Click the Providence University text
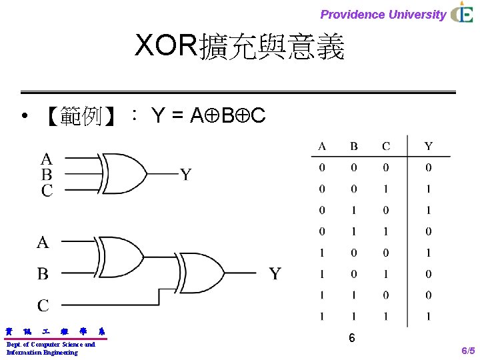coord(383,14)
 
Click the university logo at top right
coord(462,13)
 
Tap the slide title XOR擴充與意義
coord(239,47)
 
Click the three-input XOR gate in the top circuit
coord(124,174)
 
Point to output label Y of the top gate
coord(186,175)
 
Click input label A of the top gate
coord(46,159)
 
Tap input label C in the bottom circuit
coord(43,305)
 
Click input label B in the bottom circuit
coord(43,273)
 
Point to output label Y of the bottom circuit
coord(275,273)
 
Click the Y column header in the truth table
coord(428,147)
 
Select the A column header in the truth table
coord(322,147)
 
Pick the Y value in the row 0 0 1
coord(428,189)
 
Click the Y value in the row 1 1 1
coord(428,316)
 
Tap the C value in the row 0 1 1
coord(386,231)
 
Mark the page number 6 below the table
coord(351,339)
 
